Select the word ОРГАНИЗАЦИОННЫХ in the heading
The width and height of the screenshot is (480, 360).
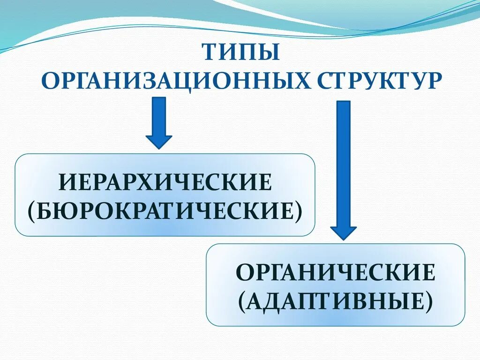[175, 80]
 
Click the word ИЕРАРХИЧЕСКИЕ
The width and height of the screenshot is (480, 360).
[165, 182]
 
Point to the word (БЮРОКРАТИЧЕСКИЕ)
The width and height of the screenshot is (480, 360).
[165, 210]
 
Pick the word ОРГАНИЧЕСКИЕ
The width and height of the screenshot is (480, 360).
[336, 273]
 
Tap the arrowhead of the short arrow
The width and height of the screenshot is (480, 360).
[159, 140]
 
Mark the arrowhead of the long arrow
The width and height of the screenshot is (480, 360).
[344, 232]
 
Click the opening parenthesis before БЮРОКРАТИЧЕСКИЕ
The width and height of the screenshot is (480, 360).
[31, 211]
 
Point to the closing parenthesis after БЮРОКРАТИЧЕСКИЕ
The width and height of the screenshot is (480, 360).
[299, 211]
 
